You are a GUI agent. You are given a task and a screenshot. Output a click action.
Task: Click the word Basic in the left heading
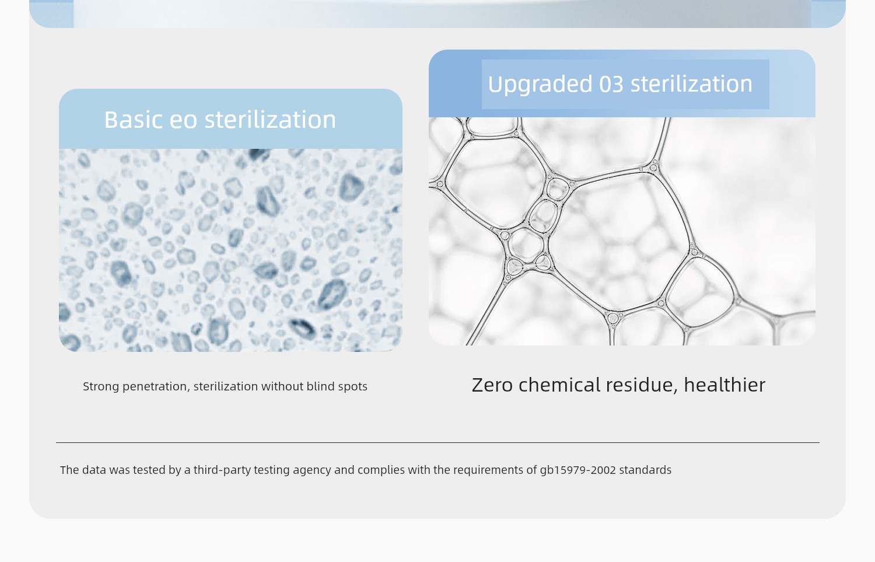[133, 120]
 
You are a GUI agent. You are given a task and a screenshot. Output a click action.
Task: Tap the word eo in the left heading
[183, 120]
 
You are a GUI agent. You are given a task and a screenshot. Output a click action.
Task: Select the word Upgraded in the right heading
[540, 85]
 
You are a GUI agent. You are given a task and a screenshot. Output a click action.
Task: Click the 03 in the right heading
[611, 84]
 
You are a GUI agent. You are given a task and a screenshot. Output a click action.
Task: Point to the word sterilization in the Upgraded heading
[691, 83]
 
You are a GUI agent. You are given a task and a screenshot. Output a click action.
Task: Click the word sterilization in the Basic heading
[270, 120]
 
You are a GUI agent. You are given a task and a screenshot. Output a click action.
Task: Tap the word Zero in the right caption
[492, 385]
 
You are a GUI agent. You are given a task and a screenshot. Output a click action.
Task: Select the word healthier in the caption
[724, 385]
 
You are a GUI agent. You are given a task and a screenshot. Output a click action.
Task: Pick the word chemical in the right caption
[559, 385]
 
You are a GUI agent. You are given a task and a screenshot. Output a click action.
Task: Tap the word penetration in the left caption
[156, 386]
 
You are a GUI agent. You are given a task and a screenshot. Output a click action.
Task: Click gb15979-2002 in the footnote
[578, 470]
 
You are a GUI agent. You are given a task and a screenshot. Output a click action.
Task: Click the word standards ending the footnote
[645, 470]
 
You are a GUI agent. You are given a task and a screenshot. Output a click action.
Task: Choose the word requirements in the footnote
[489, 470]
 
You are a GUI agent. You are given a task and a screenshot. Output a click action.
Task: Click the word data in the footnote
[94, 470]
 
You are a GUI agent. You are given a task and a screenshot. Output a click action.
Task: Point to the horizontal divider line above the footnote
[437, 443]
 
